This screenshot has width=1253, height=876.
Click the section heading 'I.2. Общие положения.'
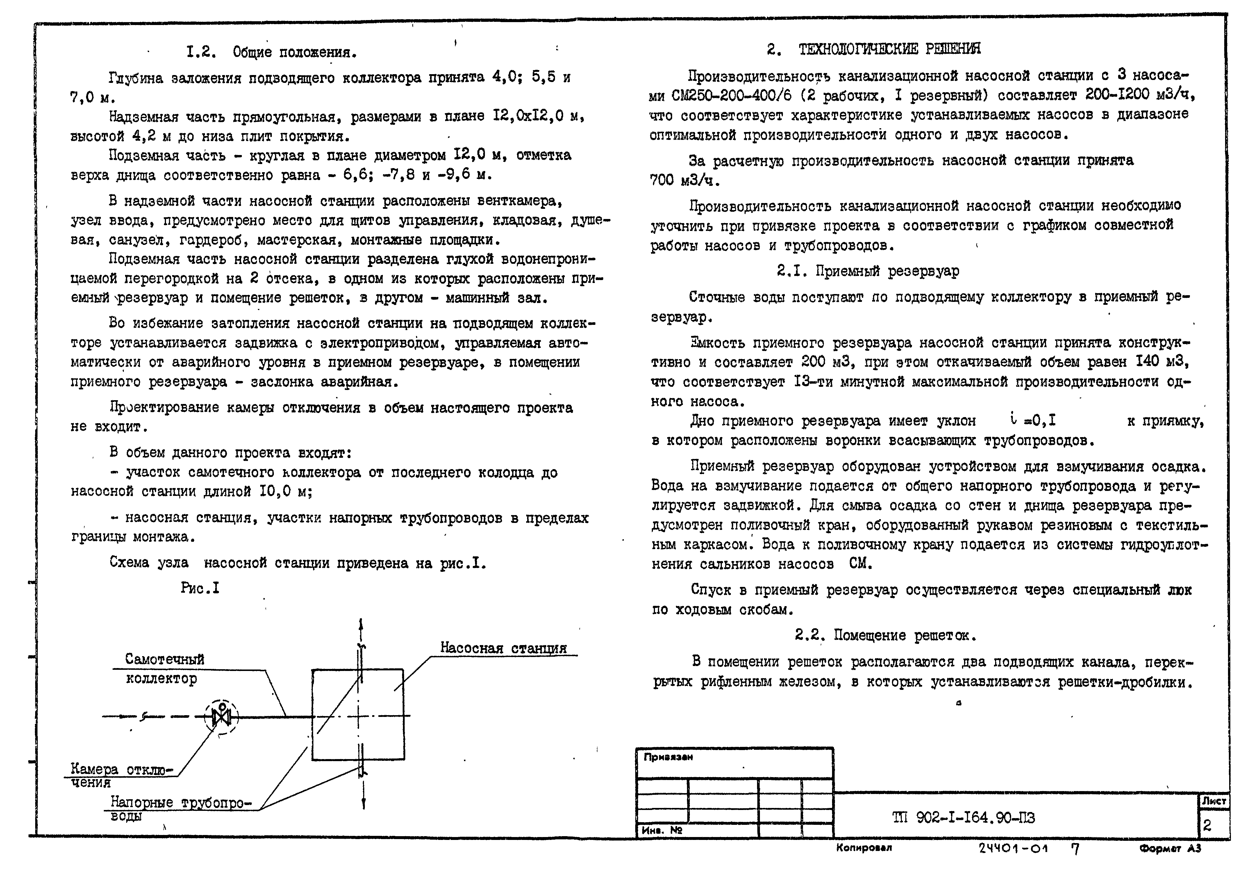271,52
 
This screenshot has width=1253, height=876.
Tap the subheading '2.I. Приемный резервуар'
868,271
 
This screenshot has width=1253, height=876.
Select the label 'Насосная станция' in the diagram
503,648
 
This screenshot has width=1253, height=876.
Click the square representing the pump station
358,715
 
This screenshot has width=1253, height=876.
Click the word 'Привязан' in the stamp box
668,758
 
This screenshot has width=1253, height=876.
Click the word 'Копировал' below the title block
864,847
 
